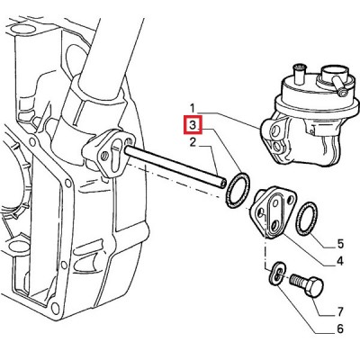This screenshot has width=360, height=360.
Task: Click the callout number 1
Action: pos(193,108)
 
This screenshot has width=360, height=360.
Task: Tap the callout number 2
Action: pos(193,142)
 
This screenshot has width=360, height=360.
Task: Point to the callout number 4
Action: pos(339,261)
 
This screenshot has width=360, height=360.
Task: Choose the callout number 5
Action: pos(340,244)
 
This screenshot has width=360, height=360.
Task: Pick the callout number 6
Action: pos(339,329)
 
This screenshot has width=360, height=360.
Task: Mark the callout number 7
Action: pos(340,312)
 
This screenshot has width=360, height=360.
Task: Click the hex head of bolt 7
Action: pos(314,286)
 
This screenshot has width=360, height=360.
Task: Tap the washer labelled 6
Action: pos(277,274)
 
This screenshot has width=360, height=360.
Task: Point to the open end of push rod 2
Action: pos(221,184)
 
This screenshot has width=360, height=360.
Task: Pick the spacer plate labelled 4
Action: pos(273,212)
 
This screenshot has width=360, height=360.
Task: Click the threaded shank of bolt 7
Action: pos(298,281)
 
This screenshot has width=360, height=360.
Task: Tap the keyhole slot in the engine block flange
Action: pos(115,152)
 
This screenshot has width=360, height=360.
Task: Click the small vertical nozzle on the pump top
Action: pos(299,75)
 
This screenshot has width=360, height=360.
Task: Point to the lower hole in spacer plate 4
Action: pos(275,226)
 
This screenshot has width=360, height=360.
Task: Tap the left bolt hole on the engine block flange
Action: pos(104,157)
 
